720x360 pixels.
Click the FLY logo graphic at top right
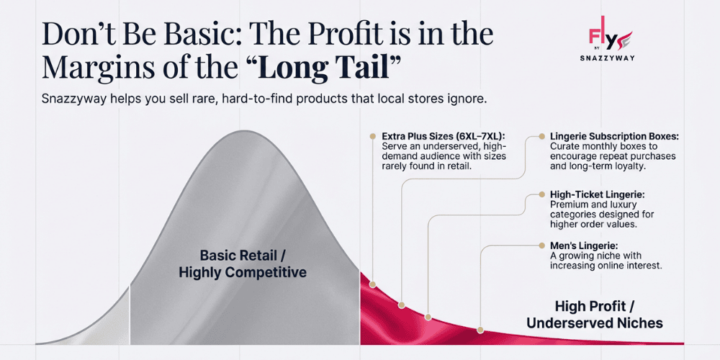pos(609,36)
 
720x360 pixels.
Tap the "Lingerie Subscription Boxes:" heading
pos(614,136)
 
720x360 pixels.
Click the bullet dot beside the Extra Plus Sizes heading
pos(372,135)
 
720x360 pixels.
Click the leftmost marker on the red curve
pos(372,284)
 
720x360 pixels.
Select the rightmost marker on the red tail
pos(480,329)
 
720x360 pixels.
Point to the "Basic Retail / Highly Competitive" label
pos(243,264)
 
